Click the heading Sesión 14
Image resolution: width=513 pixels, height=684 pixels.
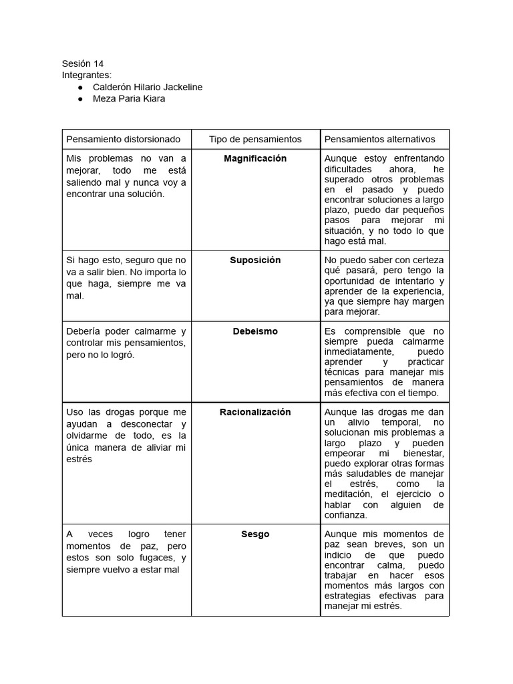[83, 63]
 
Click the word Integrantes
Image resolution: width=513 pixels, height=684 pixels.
[87, 75]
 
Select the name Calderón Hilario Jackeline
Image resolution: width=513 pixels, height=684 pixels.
[147, 87]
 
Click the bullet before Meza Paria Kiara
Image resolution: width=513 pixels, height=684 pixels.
[80, 99]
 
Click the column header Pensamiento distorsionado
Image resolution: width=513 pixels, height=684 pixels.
[123, 139]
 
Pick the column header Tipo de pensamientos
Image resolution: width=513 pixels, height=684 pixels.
[255, 139]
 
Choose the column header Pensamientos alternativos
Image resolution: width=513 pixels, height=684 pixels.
[379, 139]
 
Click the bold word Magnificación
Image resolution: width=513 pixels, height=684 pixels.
[255, 158]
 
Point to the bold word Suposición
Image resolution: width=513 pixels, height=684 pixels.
[255, 260]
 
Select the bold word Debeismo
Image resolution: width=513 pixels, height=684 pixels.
[255, 331]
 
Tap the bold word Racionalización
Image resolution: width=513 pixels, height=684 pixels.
[255, 412]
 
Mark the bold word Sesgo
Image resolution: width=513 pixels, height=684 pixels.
[255, 534]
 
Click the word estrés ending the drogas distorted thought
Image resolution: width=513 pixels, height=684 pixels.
[79, 460]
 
